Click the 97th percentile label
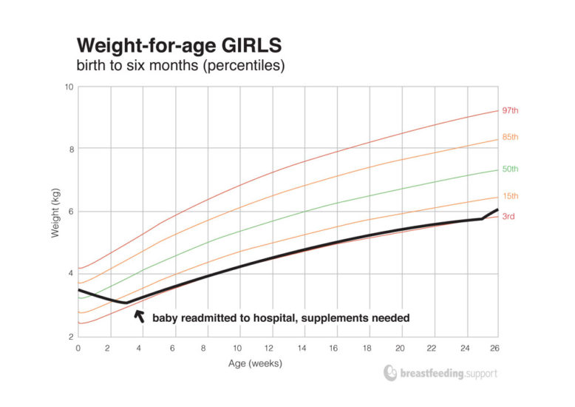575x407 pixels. click(x=511, y=110)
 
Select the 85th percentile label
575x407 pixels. click(x=511, y=138)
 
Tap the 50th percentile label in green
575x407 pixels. click(x=511, y=169)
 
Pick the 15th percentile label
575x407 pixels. click(x=511, y=196)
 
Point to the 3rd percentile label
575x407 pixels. click(x=509, y=217)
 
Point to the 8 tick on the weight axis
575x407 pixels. click(x=70, y=149)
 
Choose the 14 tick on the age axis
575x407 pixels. click(x=304, y=349)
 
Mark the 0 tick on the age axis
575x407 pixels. click(x=78, y=349)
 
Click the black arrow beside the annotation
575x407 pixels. click(x=137, y=315)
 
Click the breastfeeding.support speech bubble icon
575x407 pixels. click(x=391, y=374)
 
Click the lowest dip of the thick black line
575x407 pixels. click(x=125, y=303)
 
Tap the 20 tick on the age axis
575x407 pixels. click(x=400, y=349)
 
